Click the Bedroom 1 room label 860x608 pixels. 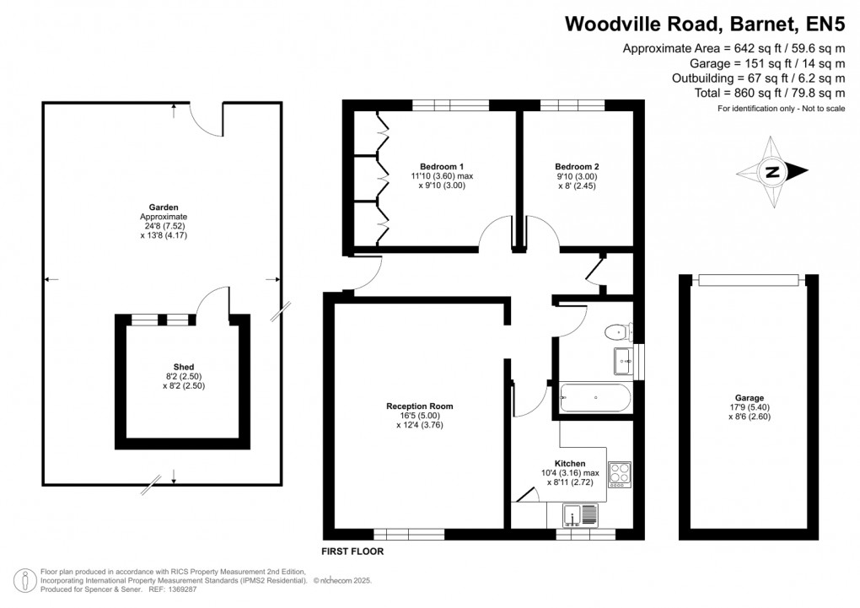pos(443,166)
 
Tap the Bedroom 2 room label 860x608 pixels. pos(577,166)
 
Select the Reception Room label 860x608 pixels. pos(426,406)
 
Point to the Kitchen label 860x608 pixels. pos(570,463)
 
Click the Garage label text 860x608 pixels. pos(749,398)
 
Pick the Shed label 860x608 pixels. pos(184,367)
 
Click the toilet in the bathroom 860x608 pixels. pos(618,332)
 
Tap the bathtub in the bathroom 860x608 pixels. pos(594,396)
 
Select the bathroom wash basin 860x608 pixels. pos(625,361)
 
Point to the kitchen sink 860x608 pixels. pos(582,514)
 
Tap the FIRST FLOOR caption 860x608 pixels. pos(353,552)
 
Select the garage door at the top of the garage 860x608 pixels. pos(749,280)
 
